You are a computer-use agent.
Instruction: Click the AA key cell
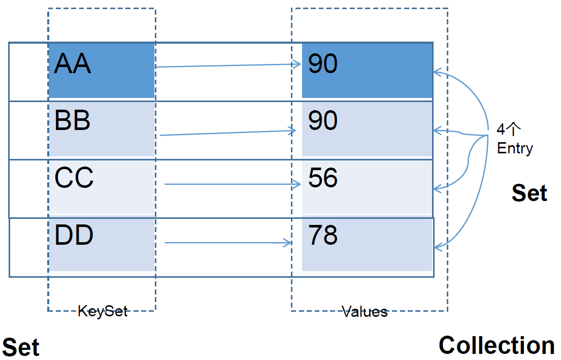(102, 71)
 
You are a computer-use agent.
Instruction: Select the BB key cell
(102, 129)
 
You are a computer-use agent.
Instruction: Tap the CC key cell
(102, 187)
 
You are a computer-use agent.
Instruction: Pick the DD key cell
(102, 245)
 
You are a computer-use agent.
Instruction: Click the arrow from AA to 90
(228, 66)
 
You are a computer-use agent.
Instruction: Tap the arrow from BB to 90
(227, 133)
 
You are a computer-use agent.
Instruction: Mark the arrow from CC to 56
(233, 184)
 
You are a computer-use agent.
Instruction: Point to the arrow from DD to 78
(228, 243)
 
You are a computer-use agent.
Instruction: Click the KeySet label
(103, 311)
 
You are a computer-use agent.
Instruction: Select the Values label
(365, 312)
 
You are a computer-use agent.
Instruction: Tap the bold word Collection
(497, 345)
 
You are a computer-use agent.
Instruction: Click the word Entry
(515, 148)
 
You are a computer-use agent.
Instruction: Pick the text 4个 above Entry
(508, 129)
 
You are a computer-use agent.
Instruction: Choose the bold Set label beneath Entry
(530, 193)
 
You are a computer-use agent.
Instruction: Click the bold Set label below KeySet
(21, 347)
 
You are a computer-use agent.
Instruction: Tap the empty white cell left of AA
(28, 72)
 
